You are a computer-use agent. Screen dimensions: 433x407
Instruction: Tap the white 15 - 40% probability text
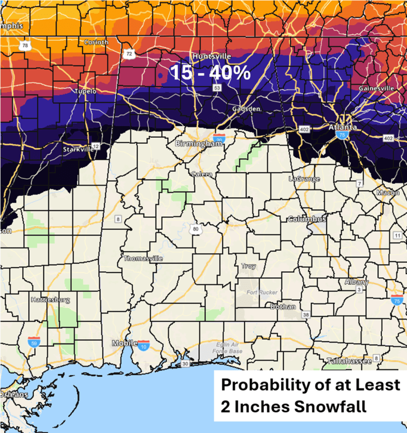pyautogui.click(x=210, y=73)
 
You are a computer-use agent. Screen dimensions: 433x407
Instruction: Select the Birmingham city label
pyautogui.click(x=194, y=144)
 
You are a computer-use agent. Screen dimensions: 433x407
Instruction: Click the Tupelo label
pyautogui.click(x=85, y=91)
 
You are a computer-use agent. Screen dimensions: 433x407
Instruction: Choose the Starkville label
pyautogui.click(x=78, y=150)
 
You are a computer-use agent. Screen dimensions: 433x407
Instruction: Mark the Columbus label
pyautogui.click(x=307, y=219)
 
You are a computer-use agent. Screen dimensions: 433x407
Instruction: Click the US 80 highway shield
pyautogui.click(x=196, y=229)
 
